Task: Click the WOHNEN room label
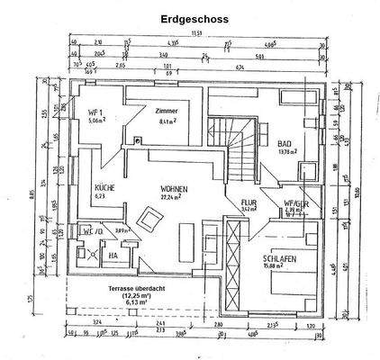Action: click(x=176, y=189)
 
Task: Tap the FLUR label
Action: click(x=249, y=203)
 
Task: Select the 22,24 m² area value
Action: click(x=173, y=198)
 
